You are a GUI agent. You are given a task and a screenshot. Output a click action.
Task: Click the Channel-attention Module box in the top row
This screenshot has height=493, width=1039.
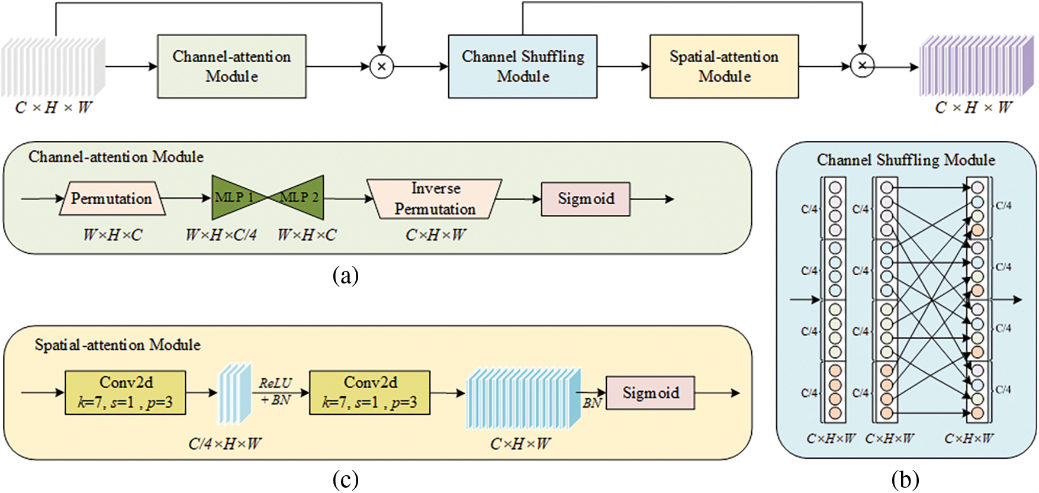[231, 66]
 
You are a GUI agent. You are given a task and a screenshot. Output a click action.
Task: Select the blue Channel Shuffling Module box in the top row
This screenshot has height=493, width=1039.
[523, 66]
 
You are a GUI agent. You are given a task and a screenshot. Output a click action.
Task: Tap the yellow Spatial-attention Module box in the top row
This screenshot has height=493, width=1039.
[724, 66]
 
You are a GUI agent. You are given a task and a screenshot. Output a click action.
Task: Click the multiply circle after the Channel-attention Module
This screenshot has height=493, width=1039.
[382, 66]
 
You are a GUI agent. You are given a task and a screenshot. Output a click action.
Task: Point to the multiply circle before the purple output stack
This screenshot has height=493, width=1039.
[863, 66]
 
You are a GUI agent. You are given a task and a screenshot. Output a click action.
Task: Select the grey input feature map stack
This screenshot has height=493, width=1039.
[53, 66]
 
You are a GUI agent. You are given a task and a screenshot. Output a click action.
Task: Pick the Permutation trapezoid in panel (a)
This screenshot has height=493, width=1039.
[112, 198]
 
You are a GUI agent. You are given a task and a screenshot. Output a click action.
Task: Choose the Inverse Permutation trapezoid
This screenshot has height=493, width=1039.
[435, 199]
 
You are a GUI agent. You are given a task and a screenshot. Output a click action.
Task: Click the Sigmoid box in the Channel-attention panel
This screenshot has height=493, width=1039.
[586, 199]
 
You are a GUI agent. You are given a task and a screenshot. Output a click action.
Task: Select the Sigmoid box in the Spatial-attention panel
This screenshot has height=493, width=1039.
[650, 393]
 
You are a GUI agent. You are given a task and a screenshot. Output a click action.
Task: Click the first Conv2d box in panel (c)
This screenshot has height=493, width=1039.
[126, 392]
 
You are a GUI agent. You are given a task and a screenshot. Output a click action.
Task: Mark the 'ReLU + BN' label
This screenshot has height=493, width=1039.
[276, 392]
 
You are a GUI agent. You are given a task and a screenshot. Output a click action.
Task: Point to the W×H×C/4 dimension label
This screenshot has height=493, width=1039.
[221, 235]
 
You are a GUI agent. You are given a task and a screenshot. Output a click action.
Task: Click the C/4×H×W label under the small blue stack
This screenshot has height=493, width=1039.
[225, 443]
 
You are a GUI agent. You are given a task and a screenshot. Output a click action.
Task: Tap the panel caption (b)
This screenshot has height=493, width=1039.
[905, 479]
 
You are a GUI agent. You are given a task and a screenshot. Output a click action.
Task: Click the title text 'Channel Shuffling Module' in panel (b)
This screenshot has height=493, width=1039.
[906, 160]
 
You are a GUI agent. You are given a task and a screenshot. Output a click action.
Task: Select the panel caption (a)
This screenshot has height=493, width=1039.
[346, 275]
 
